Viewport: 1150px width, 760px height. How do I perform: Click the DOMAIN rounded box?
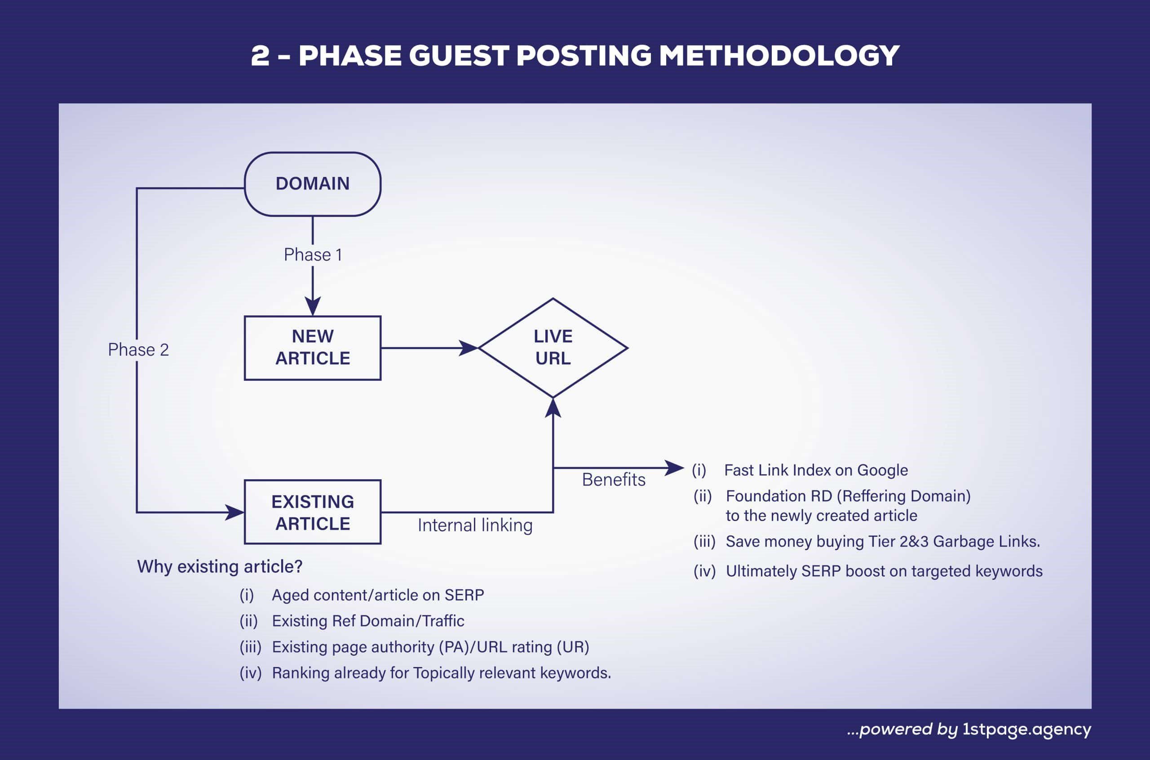313,184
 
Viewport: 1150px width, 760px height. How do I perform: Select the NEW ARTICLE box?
313,348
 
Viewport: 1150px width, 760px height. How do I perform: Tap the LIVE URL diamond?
553,348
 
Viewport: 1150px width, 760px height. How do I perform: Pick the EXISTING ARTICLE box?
313,512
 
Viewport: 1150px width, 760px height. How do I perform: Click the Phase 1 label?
313,255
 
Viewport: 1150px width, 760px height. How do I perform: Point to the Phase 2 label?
138,349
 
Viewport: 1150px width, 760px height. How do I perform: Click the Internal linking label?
475,525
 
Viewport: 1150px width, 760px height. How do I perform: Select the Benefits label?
614,479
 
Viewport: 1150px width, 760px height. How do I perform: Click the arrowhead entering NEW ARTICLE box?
313,307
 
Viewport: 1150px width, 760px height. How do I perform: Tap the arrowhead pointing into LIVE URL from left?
468,348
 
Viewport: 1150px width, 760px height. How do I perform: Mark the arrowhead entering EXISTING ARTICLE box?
235,512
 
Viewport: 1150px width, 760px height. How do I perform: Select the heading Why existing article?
220,566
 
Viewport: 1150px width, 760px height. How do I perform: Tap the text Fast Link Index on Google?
816,470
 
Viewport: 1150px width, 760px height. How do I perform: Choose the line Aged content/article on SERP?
377,595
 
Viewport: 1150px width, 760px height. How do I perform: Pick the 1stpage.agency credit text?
1026,729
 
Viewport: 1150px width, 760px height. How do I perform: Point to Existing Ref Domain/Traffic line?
368,621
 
